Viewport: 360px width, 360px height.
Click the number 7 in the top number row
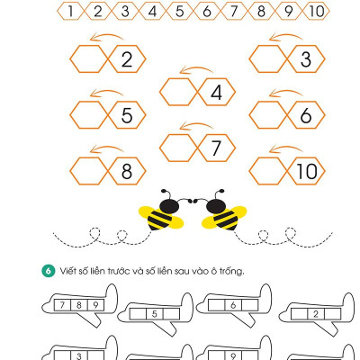234,12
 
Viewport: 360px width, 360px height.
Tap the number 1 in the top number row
71,12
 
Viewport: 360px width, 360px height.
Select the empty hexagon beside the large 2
89,59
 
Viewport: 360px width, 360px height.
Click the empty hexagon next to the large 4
178,92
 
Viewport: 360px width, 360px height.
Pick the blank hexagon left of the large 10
268,171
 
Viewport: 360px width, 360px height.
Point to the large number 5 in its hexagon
127,115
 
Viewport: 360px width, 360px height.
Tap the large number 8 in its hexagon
127,171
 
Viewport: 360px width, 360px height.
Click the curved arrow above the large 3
285,36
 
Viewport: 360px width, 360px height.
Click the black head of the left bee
169,205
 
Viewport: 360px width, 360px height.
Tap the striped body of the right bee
225,220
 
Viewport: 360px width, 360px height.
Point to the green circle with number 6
49,271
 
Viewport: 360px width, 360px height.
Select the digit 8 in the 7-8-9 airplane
79,305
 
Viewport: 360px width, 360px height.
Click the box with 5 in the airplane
155,314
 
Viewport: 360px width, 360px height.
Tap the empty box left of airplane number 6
216,305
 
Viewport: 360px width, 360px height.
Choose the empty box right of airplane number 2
333,314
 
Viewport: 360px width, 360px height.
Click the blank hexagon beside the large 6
268,115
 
